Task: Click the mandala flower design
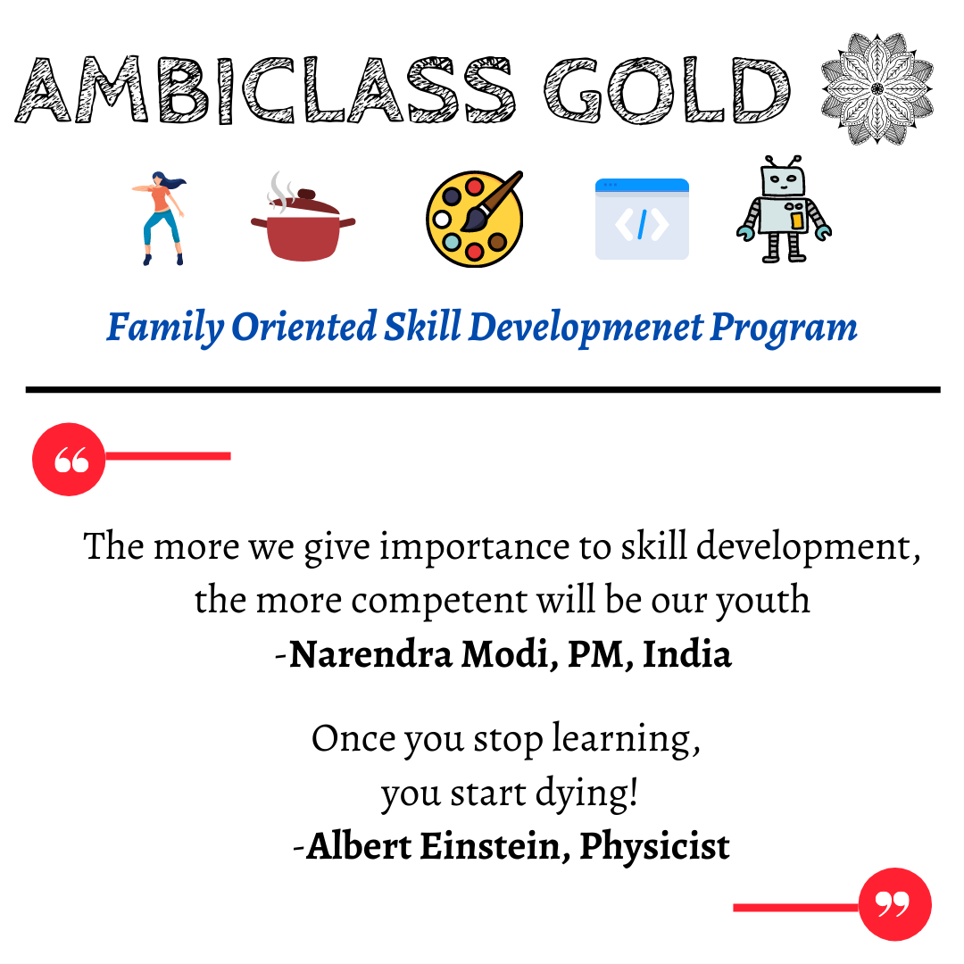pyautogui.click(x=877, y=89)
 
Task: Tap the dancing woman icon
pyautogui.click(x=160, y=219)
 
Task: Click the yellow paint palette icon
pyautogui.click(x=475, y=219)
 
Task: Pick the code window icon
pyautogui.click(x=642, y=219)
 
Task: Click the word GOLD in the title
pyautogui.click(x=667, y=90)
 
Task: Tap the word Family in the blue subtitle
pyautogui.click(x=165, y=328)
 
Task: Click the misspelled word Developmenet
pyautogui.click(x=586, y=328)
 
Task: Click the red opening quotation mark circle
pyautogui.click(x=69, y=460)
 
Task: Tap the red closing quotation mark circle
pyautogui.click(x=895, y=904)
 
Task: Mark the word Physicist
pyautogui.click(x=655, y=847)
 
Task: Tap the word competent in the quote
pyautogui.click(x=439, y=600)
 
